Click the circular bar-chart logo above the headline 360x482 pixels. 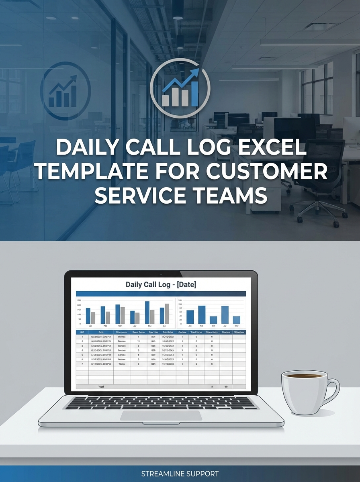pos(180,88)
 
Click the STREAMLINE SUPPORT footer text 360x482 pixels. pos(180,474)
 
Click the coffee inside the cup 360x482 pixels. pos(302,376)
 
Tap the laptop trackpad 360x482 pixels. pos(161,415)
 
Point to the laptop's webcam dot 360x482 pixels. pos(161,274)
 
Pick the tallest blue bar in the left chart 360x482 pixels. pos(147,312)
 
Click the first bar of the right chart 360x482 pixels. pos(190,317)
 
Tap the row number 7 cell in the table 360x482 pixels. pos(82,364)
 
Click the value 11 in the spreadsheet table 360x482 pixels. pos(138,341)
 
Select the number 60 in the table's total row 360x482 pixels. pos(226,386)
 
